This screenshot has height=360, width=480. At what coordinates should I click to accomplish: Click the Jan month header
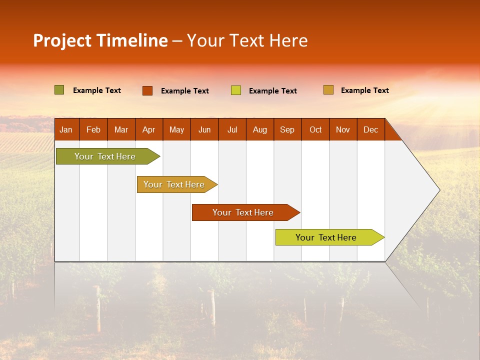(x=66, y=129)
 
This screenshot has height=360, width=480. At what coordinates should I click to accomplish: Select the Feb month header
(x=93, y=129)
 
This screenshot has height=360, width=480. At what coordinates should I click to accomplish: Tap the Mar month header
(x=121, y=129)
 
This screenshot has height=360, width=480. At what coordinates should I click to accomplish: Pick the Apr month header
(x=149, y=129)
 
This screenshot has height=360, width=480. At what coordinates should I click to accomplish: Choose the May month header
(x=176, y=129)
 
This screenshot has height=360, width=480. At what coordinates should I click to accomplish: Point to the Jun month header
(x=204, y=129)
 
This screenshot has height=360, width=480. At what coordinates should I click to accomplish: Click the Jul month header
(x=232, y=129)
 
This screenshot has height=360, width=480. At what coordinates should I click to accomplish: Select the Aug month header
(x=260, y=129)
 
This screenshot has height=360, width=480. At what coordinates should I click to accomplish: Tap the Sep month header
(x=287, y=129)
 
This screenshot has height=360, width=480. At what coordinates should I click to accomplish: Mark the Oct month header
(x=315, y=129)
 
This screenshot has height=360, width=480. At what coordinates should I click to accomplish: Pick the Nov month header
(x=343, y=129)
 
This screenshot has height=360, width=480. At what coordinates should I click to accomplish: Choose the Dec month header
(x=371, y=129)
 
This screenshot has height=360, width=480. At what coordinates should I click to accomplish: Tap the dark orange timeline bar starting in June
(x=243, y=212)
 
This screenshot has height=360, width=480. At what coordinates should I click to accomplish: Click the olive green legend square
(x=59, y=90)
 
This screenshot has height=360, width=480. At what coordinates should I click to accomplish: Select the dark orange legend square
(x=147, y=90)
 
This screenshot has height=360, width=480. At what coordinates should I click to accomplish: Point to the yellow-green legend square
(x=236, y=90)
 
